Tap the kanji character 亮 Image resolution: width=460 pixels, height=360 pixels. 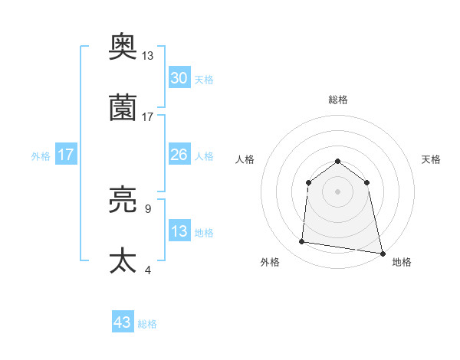tap(123, 201)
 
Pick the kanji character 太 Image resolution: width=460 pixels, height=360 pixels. tap(123, 260)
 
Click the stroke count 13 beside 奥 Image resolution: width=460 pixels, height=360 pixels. tap(148, 56)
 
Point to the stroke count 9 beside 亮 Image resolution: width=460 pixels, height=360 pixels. tap(147, 208)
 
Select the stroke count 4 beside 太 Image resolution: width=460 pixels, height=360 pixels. tap(147, 270)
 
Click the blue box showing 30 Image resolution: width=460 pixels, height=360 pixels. tap(179, 78)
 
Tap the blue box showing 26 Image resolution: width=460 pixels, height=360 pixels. tap(179, 155)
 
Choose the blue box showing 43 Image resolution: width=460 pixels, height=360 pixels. tap(123, 322)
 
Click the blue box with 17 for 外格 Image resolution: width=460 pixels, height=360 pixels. tap(66, 155)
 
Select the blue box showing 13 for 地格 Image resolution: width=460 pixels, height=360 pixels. tap(179, 231)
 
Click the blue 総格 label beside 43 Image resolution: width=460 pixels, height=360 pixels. tap(147, 324)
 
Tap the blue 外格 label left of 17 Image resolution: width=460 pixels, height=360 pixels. tap(41, 155)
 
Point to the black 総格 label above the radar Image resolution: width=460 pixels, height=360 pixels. tap(337, 100)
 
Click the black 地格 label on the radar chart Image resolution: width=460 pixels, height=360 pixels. tap(402, 262)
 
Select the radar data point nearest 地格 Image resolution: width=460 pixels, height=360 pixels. tap(382, 252)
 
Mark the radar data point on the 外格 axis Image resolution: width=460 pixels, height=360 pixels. tap(302, 242)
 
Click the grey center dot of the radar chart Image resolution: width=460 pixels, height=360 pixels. tap(337, 191)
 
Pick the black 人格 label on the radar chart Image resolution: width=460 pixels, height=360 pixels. tap(245, 159)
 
